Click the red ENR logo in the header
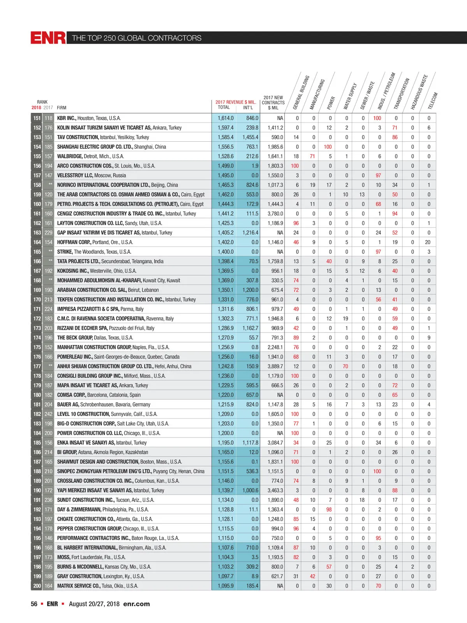[x=48, y=38]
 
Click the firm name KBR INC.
[x=67, y=118]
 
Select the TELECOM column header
[x=433, y=100]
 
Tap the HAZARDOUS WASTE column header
[x=419, y=92]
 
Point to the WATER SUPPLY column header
[x=350, y=96]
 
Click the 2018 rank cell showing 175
[x=37, y=347]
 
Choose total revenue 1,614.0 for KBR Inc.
[x=226, y=118]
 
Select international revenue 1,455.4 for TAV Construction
[x=250, y=137]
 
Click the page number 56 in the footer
[x=34, y=604]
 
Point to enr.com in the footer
[x=136, y=604]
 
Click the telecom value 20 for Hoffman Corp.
[x=428, y=242]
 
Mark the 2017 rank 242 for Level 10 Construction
[x=48, y=414]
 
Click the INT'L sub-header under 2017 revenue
[x=248, y=107]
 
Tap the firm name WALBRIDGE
[x=70, y=156]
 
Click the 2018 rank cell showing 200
[x=37, y=586]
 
